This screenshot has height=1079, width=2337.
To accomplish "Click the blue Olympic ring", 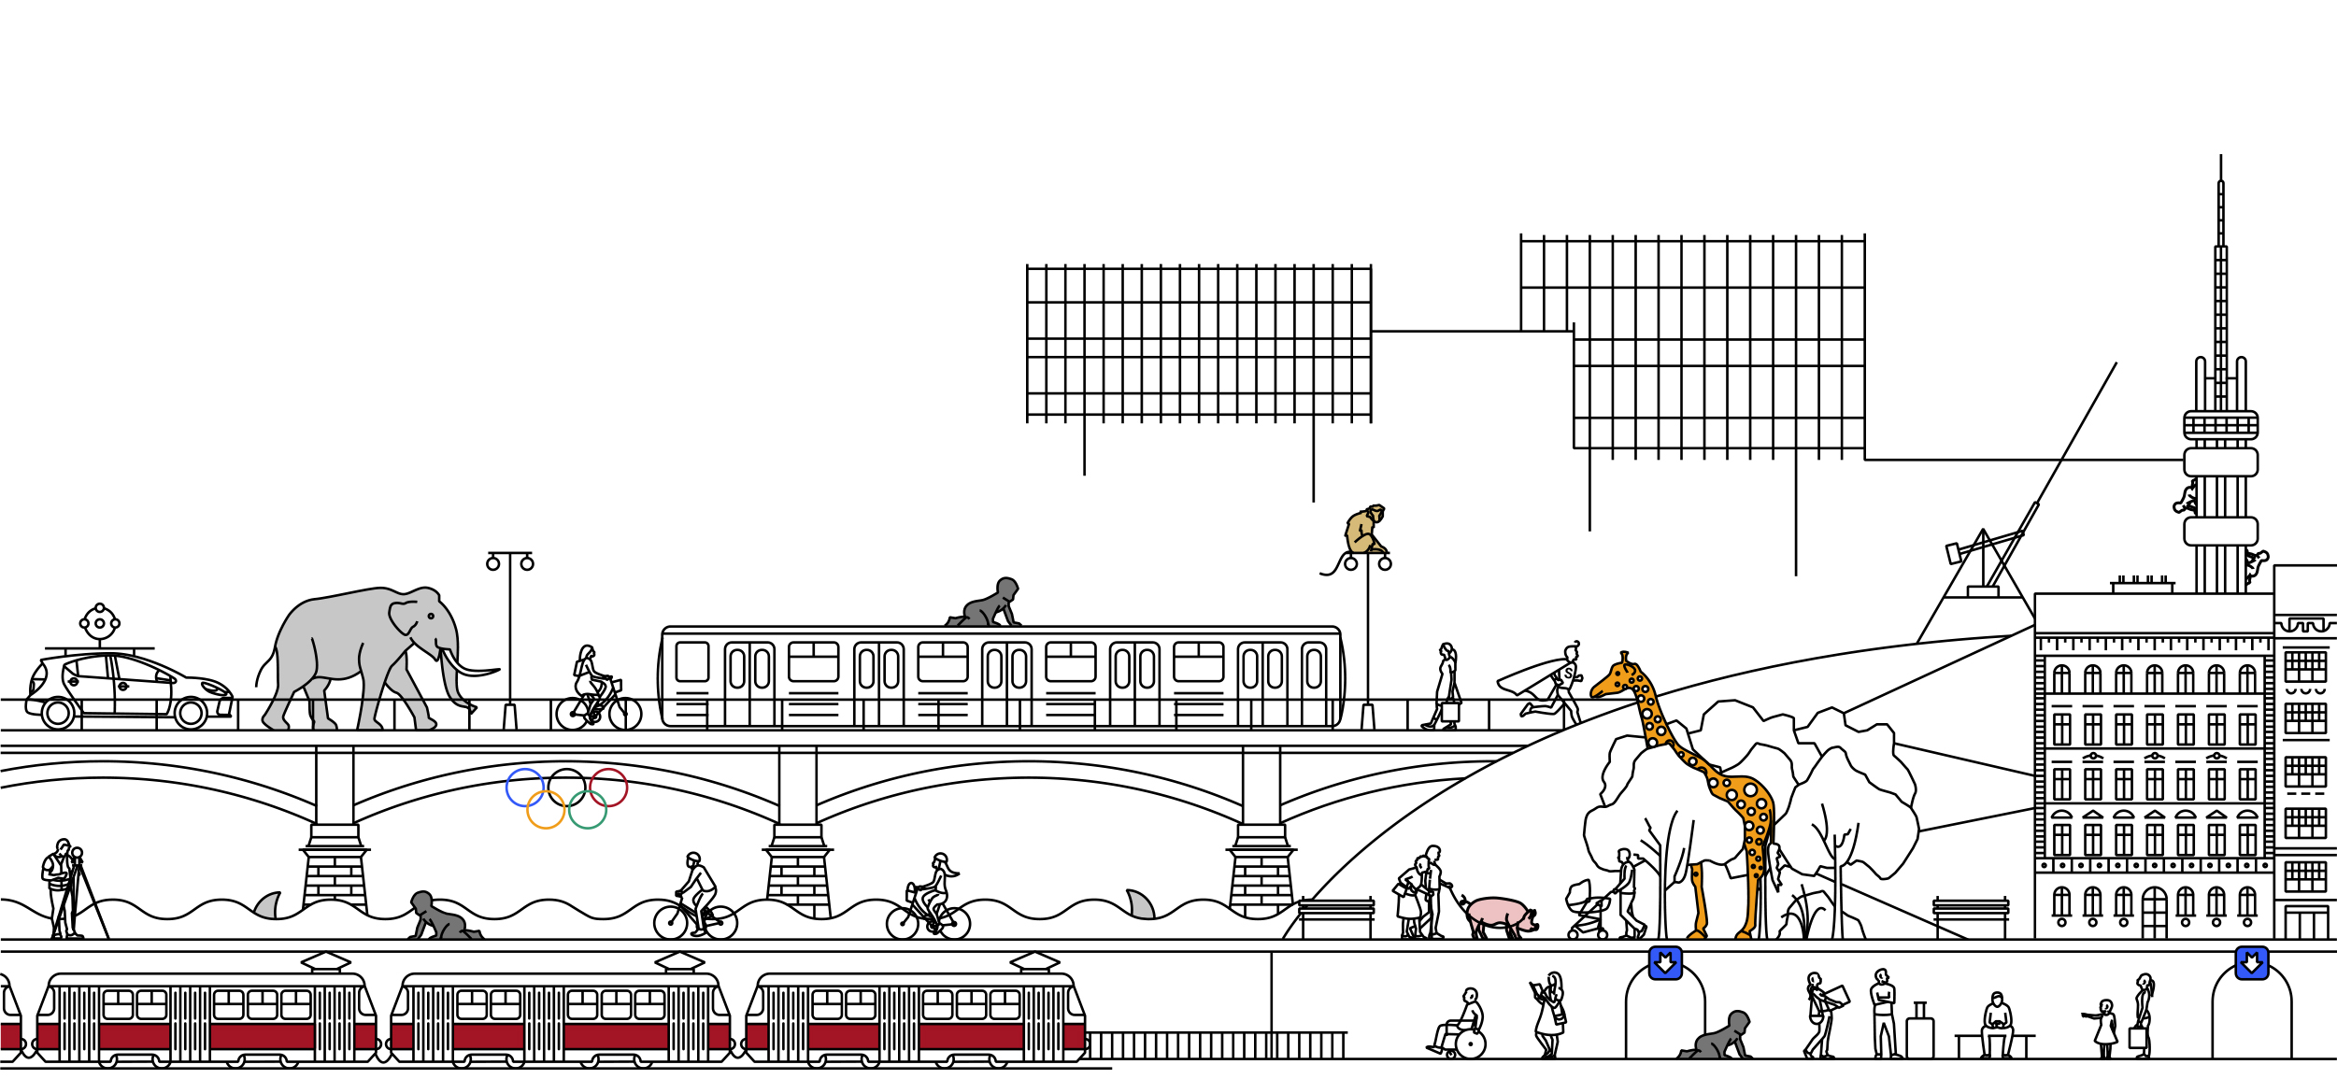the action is pyautogui.click(x=525, y=788).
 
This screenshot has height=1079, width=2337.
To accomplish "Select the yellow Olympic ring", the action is pyautogui.click(x=546, y=810).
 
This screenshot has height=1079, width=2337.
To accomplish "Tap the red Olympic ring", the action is pyautogui.click(x=608, y=788).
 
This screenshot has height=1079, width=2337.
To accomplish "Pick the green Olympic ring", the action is pyautogui.click(x=588, y=810).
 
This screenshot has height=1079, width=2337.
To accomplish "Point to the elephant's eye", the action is pyautogui.click(x=431, y=617).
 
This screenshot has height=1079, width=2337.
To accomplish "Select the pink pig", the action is pyautogui.click(x=1499, y=915).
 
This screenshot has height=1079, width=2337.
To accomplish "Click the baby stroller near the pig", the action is pyautogui.click(x=1586, y=910).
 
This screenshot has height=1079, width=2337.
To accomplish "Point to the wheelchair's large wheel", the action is pyautogui.click(x=1471, y=1044).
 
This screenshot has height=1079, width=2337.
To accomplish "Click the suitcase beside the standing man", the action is pyautogui.click(x=1919, y=1036).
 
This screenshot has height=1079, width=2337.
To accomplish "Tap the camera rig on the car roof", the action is pyautogui.click(x=100, y=624).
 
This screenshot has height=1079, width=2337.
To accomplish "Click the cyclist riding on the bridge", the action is pyautogui.click(x=595, y=692).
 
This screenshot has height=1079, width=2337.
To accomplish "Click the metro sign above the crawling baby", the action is pyautogui.click(x=1665, y=963).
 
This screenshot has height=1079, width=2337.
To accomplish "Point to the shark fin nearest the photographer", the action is pyautogui.click(x=269, y=905).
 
